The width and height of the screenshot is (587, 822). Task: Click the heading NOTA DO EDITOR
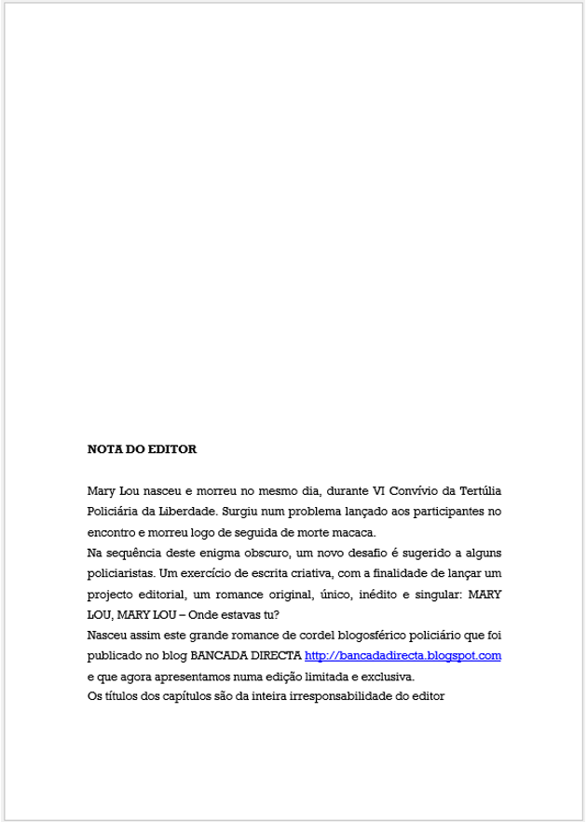[142, 449]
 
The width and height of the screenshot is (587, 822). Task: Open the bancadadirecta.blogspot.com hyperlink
[403, 656]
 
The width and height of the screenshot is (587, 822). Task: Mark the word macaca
[355, 532]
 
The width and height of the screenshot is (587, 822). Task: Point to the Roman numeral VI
[379, 490]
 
